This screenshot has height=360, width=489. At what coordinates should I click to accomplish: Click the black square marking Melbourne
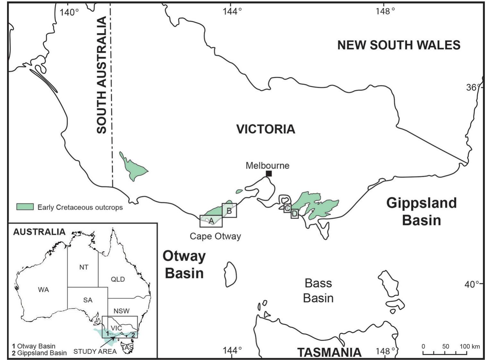269,174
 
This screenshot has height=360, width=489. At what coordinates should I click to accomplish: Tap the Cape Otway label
215,236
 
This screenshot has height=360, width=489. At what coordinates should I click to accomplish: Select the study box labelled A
211,221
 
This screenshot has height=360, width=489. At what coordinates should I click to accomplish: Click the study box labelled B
229,211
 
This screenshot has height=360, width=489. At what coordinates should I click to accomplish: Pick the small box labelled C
287,208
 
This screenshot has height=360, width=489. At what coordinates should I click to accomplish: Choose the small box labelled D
295,213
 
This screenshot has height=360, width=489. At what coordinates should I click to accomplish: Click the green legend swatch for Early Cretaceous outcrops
25,207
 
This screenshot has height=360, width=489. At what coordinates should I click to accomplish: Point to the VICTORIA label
266,129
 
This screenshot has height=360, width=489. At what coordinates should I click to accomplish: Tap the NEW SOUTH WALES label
399,45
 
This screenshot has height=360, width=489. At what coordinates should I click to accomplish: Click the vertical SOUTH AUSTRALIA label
102,75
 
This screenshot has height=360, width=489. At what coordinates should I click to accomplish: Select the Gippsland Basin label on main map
421,212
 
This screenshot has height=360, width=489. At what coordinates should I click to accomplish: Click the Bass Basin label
318,290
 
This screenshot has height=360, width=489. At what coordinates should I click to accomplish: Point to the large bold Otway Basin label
184,264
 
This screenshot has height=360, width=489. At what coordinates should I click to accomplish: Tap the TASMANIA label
329,352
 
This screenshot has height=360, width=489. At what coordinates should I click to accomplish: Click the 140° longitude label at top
69,12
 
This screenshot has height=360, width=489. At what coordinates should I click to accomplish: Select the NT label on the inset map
84,267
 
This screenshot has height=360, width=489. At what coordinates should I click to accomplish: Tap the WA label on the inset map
44,290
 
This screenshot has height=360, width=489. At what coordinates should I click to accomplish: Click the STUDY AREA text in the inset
95,351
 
